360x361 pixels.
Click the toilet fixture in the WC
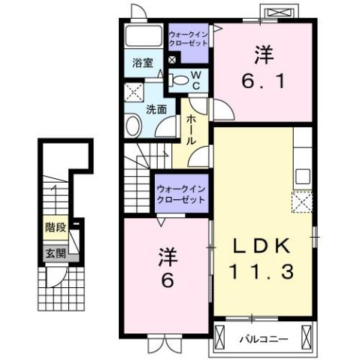click(179, 80)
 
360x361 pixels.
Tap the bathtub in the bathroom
click(144, 35)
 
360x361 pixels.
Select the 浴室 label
click(143, 62)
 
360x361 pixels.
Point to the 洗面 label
click(156, 109)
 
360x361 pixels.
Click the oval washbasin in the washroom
click(133, 125)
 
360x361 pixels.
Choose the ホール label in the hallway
click(190, 129)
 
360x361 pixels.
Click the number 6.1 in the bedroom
click(263, 81)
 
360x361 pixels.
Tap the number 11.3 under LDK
click(261, 272)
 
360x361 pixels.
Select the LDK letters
click(262, 246)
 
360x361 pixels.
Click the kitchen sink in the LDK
click(303, 177)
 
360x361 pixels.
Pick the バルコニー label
click(264, 339)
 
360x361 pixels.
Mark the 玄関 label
click(56, 254)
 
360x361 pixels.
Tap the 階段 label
click(56, 227)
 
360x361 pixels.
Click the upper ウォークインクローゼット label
click(189, 39)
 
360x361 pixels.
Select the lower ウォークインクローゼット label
click(181, 194)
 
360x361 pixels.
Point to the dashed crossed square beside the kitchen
click(302, 202)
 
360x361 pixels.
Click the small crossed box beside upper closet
click(172, 59)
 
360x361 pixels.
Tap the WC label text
click(196, 80)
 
